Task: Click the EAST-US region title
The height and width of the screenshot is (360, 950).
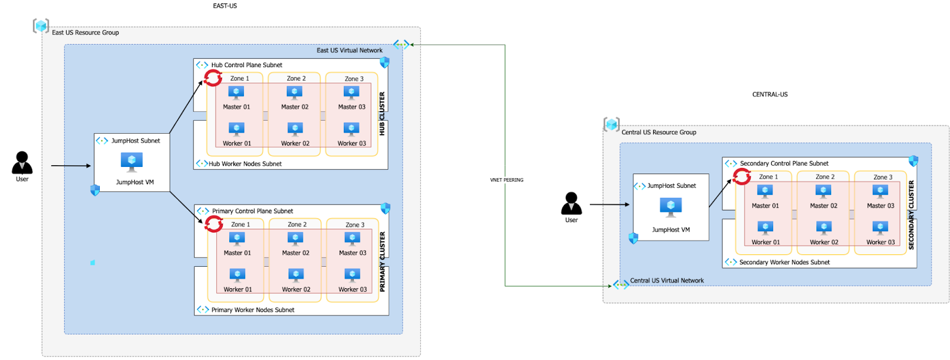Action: coord(224,6)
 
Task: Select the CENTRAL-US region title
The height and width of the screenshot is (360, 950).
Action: coord(769,94)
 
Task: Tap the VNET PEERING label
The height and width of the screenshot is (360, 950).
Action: coord(506,180)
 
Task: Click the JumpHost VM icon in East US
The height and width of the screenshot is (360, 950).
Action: coord(132,161)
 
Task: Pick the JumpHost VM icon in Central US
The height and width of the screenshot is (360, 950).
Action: coord(671,206)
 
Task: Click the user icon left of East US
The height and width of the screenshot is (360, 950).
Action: coord(22,163)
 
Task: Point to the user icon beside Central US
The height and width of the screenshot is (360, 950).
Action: coord(571,204)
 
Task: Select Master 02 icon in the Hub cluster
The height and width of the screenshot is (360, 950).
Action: coord(294,93)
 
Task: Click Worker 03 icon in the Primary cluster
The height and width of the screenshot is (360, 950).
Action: coord(352,275)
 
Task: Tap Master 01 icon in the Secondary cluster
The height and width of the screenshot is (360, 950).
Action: coord(765,191)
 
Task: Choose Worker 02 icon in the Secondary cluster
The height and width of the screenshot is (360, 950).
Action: coord(824,228)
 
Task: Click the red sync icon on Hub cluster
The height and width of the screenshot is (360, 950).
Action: coord(213,78)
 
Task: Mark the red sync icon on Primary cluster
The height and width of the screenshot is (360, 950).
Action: coord(214,224)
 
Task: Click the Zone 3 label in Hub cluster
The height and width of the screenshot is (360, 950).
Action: coord(354,78)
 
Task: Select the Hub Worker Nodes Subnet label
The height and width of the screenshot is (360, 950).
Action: coord(245,164)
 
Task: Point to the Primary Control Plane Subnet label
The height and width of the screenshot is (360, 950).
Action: coord(252,211)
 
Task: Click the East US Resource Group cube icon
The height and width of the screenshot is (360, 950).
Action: coord(41,26)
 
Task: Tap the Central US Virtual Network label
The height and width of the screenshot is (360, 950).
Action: coord(667,280)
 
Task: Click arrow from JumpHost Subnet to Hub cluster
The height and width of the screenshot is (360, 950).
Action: coord(186,108)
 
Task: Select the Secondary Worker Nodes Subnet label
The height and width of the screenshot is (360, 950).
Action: coord(784,262)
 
